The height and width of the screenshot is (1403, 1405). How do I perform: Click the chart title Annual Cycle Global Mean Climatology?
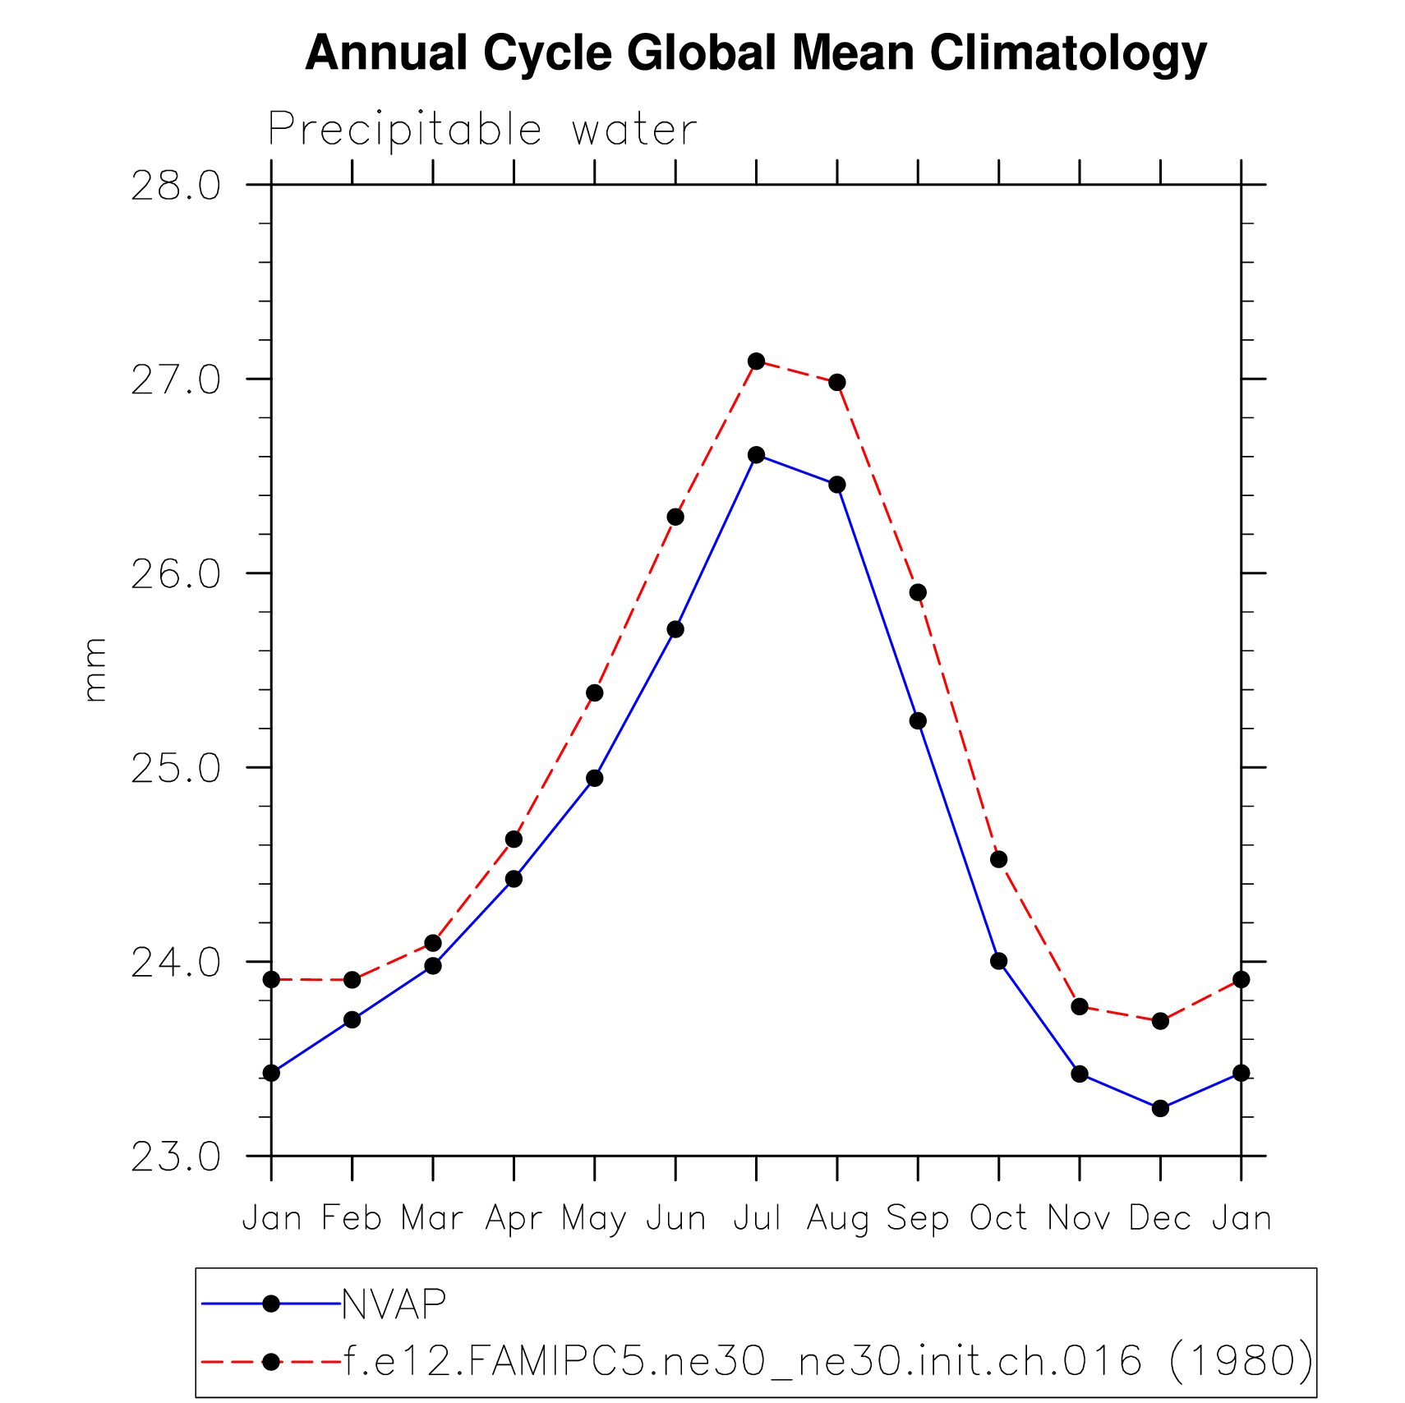755,53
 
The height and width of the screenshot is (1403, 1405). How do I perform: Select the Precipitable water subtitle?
482,130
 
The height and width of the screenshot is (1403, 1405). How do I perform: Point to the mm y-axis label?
95,669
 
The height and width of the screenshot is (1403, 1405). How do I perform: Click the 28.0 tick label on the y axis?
176,186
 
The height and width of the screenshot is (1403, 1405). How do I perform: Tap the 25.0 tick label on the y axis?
176,769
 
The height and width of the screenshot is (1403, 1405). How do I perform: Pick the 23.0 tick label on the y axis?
176,1157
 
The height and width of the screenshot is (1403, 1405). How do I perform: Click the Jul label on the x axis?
756,1217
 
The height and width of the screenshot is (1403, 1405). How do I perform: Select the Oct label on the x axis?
998,1217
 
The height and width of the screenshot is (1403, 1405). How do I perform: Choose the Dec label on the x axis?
1159,1217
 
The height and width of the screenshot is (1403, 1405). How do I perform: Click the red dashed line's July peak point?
756,361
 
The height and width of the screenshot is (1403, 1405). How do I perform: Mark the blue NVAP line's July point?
756,455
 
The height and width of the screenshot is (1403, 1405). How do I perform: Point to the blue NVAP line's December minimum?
1160,1108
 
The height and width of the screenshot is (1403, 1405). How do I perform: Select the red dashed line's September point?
918,592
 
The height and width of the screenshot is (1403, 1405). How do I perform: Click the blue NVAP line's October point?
998,961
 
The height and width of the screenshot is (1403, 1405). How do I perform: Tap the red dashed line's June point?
675,517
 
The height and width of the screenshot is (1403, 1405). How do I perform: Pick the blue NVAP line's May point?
595,778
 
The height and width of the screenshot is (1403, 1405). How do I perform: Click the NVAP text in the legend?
394,1304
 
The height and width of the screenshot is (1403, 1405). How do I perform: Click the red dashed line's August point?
837,382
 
